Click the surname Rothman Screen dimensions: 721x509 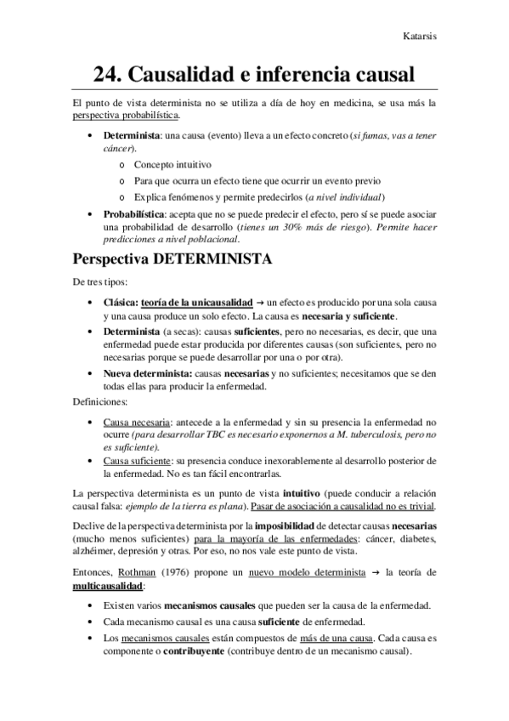[x=138, y=571]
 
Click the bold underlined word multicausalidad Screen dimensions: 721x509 [x=108, y=586]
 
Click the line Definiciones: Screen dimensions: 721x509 [x=99, y=400]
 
